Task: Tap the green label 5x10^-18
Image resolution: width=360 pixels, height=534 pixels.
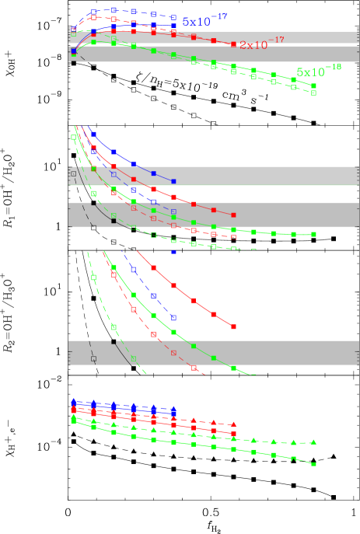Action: click(318, 72)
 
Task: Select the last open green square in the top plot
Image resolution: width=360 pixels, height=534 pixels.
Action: click(313, 93)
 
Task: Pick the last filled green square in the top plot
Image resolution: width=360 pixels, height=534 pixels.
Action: click(313, 86)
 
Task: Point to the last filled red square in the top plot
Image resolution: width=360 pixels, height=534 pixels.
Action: click(233, 44)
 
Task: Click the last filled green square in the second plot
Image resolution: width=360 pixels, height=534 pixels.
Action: click(313, 234)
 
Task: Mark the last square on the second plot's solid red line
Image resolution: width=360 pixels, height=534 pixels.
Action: click(233, 215)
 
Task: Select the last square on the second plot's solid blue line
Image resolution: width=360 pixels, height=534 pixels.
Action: click(173, 181)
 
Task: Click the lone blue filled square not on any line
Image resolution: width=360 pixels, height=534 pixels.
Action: click(173, 252)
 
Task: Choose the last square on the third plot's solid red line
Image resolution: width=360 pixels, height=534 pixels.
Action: click(233, 326)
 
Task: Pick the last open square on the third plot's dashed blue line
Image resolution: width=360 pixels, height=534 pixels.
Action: click(173, 318)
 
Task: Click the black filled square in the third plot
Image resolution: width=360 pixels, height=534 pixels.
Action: click(114, 341)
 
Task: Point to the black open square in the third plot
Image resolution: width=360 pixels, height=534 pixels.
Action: click(93, 358)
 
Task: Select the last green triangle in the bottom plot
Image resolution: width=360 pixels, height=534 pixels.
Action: click(313, 442)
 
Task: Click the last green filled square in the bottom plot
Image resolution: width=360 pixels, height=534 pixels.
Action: click(313, 464)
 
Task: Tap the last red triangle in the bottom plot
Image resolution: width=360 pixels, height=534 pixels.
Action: click(233, 424)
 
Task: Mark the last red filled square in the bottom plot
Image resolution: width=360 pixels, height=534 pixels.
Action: click(233, 433)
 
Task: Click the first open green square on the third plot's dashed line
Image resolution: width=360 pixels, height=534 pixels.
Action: click(93, 277)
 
